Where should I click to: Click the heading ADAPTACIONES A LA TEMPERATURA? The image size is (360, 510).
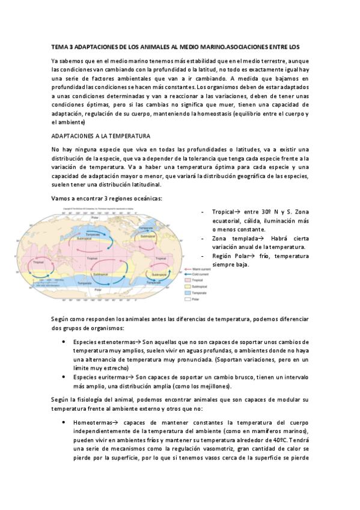click(100, 137)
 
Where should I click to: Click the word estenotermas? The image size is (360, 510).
click(116, 342)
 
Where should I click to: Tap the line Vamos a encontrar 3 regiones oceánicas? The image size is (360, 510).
click(106, 198)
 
